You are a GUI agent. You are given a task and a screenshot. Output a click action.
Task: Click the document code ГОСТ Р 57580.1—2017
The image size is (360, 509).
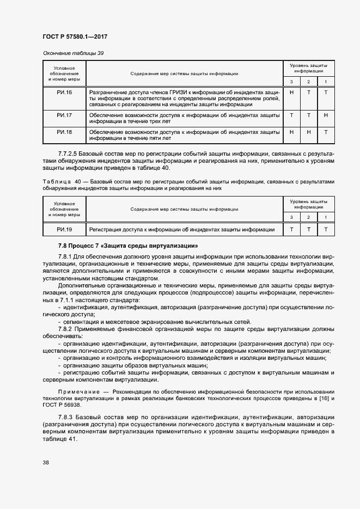coord(74,36)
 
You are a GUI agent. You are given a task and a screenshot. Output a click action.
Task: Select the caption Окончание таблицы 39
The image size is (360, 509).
coord(73,53)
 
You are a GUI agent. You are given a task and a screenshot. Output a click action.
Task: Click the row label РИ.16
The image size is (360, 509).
coord(64,93)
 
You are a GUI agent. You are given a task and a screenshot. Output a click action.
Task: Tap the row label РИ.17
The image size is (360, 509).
coord(64,115)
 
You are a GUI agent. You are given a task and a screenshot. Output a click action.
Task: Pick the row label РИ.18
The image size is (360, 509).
coord(64,132)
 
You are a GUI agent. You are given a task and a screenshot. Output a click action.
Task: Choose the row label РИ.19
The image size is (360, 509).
coord(64,230)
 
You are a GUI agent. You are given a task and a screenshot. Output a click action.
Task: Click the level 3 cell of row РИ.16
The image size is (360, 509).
coord(291,93)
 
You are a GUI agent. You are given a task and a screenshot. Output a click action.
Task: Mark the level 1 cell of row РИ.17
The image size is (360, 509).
coord(325,115)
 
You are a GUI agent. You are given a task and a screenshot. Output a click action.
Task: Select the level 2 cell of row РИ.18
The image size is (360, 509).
coord(308,132)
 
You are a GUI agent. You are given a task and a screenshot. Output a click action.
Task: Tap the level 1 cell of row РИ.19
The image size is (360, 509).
coord(325,230)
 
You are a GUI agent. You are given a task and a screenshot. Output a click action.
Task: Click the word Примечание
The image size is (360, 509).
coord(79,393)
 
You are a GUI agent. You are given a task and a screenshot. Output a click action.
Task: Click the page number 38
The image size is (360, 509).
coord(46,463)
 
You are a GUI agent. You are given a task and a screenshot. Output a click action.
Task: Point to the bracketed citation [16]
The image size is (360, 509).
coord(322,399)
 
